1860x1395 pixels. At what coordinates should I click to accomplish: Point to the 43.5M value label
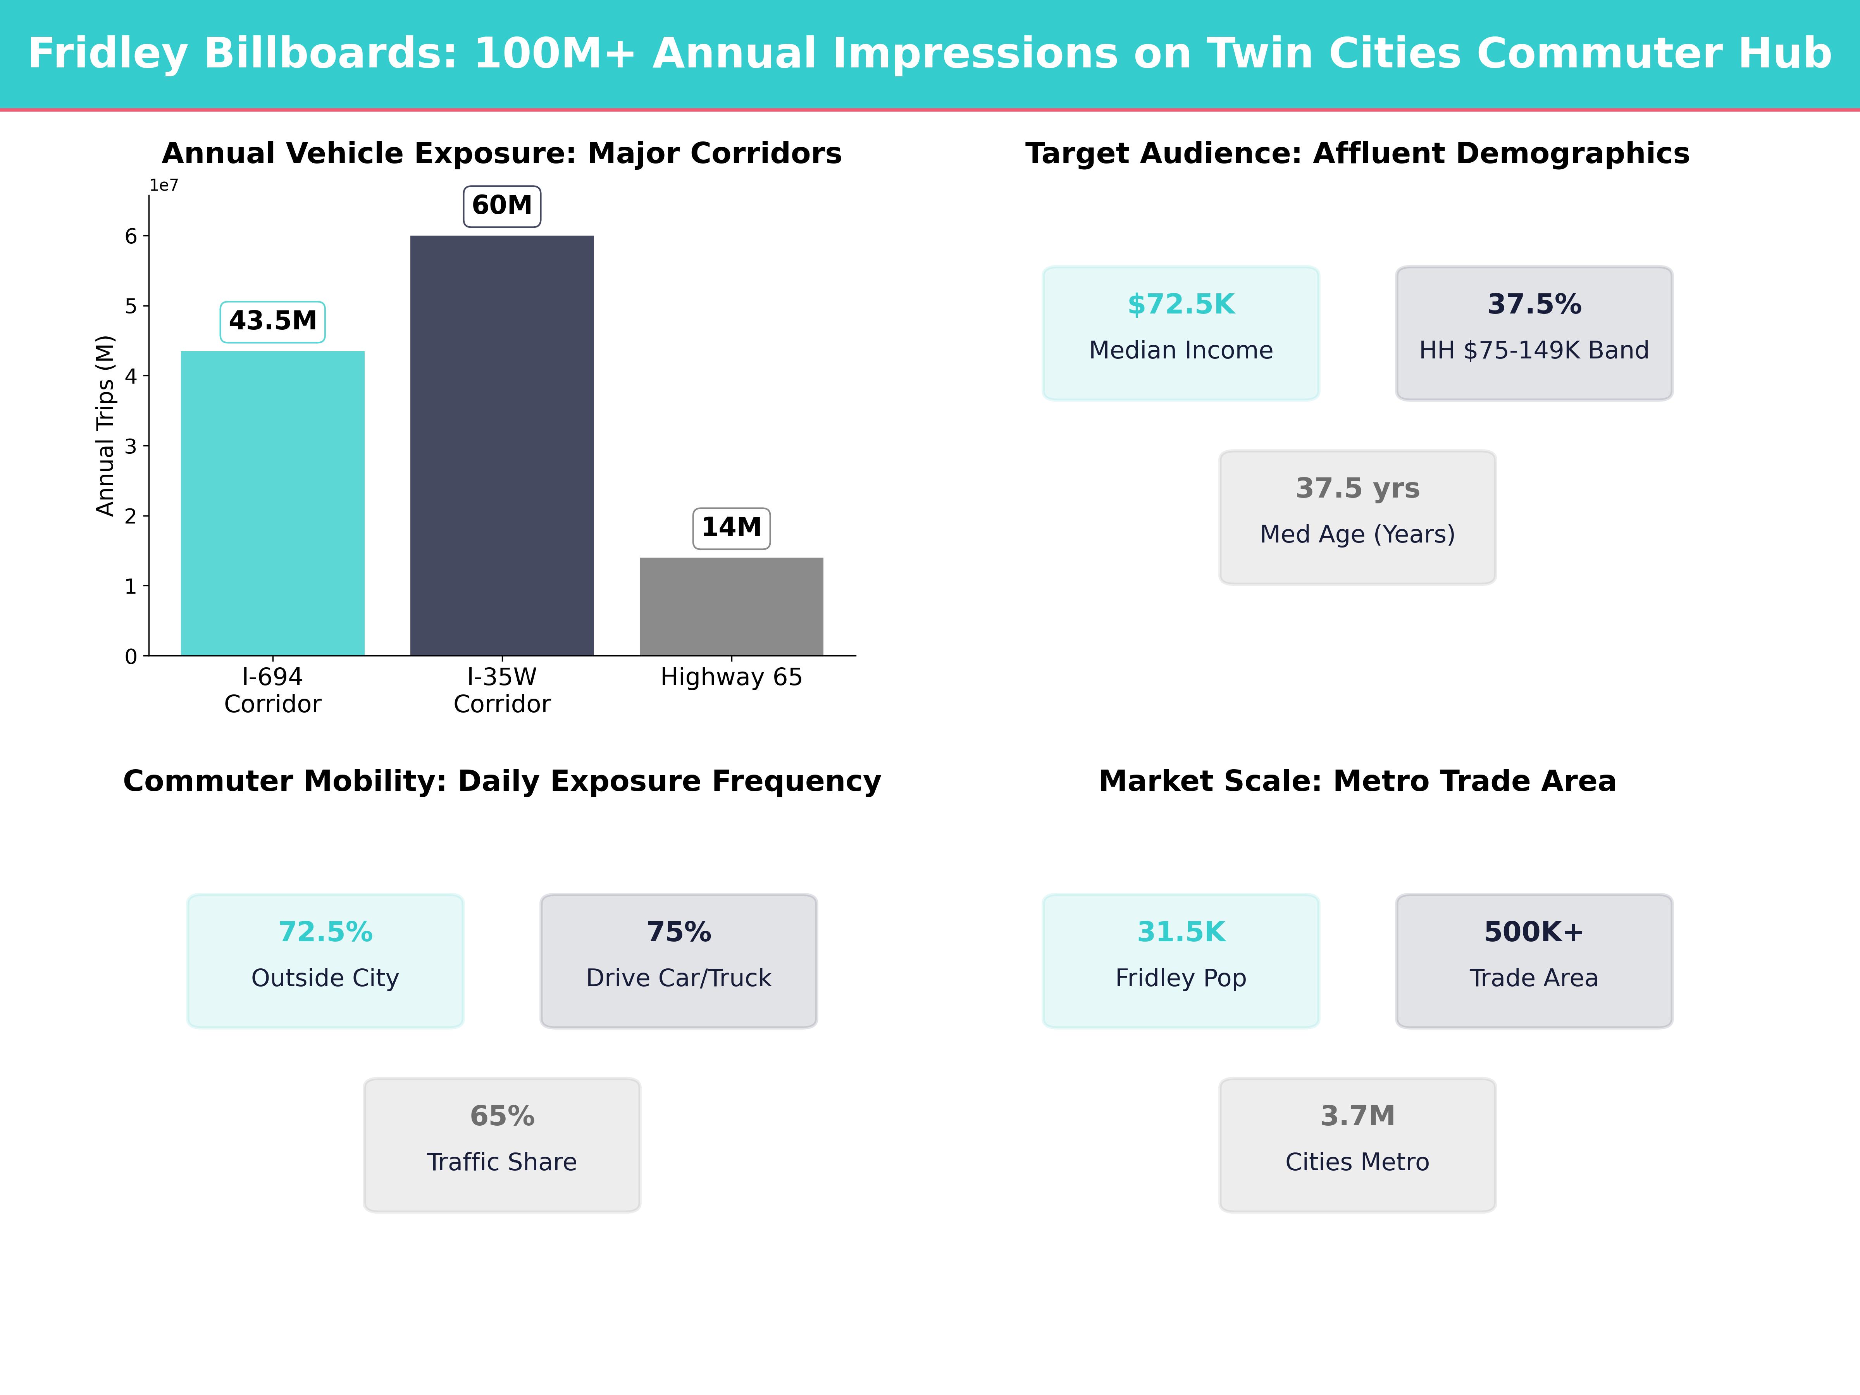pos(272,321)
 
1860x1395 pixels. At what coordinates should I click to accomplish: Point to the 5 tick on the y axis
pos(131,306)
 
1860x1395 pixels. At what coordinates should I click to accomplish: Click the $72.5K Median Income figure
pos(1181,305)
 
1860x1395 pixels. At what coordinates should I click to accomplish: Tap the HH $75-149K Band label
pos(1534,351)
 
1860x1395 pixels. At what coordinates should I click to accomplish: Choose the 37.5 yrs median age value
pos(1357,489)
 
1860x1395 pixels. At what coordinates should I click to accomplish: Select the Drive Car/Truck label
pos(679,978)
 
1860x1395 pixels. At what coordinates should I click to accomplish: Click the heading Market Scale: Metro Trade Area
pos(1357,781)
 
